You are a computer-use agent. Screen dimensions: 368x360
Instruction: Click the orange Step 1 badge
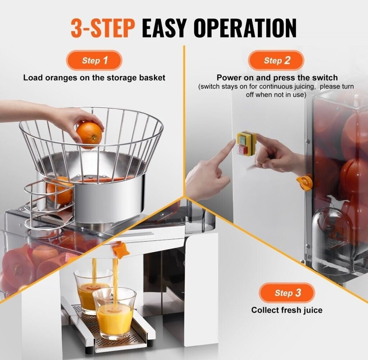(95, 60)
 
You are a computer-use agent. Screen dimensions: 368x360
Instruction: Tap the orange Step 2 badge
(276, 60)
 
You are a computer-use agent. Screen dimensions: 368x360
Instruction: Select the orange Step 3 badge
(287, 293)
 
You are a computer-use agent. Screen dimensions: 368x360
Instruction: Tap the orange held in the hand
(89, 135)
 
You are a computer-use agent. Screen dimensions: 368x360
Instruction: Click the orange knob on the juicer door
(304, 182)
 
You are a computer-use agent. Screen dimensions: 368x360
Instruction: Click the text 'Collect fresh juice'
(287, 310)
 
